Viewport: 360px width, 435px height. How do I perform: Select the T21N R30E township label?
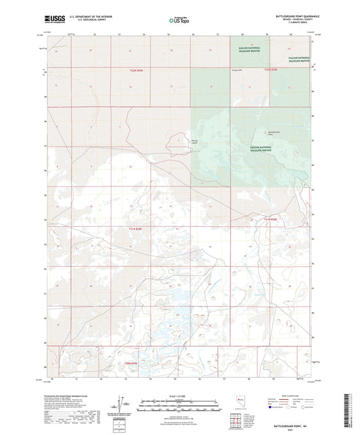point(271,219)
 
